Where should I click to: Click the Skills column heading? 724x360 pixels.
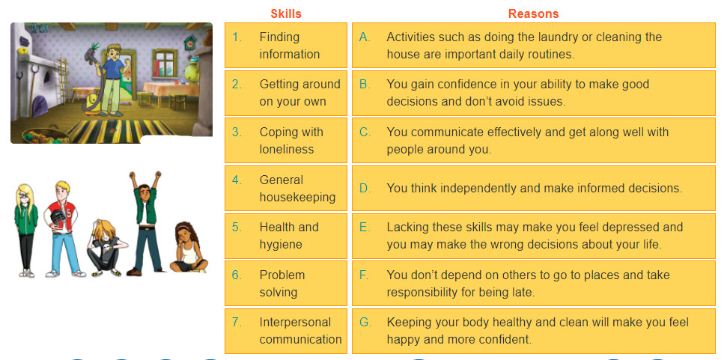click(x=286, y=13)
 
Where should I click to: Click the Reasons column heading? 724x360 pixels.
click(x=533, y=13)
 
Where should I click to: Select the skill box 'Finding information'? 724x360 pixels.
click(x=286, y=45)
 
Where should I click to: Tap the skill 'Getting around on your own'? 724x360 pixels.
click(x=286, y=93)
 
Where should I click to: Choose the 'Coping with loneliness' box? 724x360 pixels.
click(x=286, y=140)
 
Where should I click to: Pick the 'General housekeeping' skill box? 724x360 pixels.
click(x=286, y=189)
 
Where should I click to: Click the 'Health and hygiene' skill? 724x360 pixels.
click(x=286, y=236)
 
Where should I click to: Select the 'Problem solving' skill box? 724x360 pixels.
click(x=286, y=284)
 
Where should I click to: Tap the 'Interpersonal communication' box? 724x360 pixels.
click(x=286, y=331)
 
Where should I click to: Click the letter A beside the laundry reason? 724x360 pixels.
click(x=365, y=37)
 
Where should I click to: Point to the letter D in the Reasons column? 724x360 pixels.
click(x=365, y=189)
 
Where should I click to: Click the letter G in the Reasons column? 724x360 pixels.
click(x=365, y=322)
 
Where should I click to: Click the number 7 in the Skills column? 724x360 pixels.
click(x=237, y=322)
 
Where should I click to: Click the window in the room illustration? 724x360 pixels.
click(x=165, y=63)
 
